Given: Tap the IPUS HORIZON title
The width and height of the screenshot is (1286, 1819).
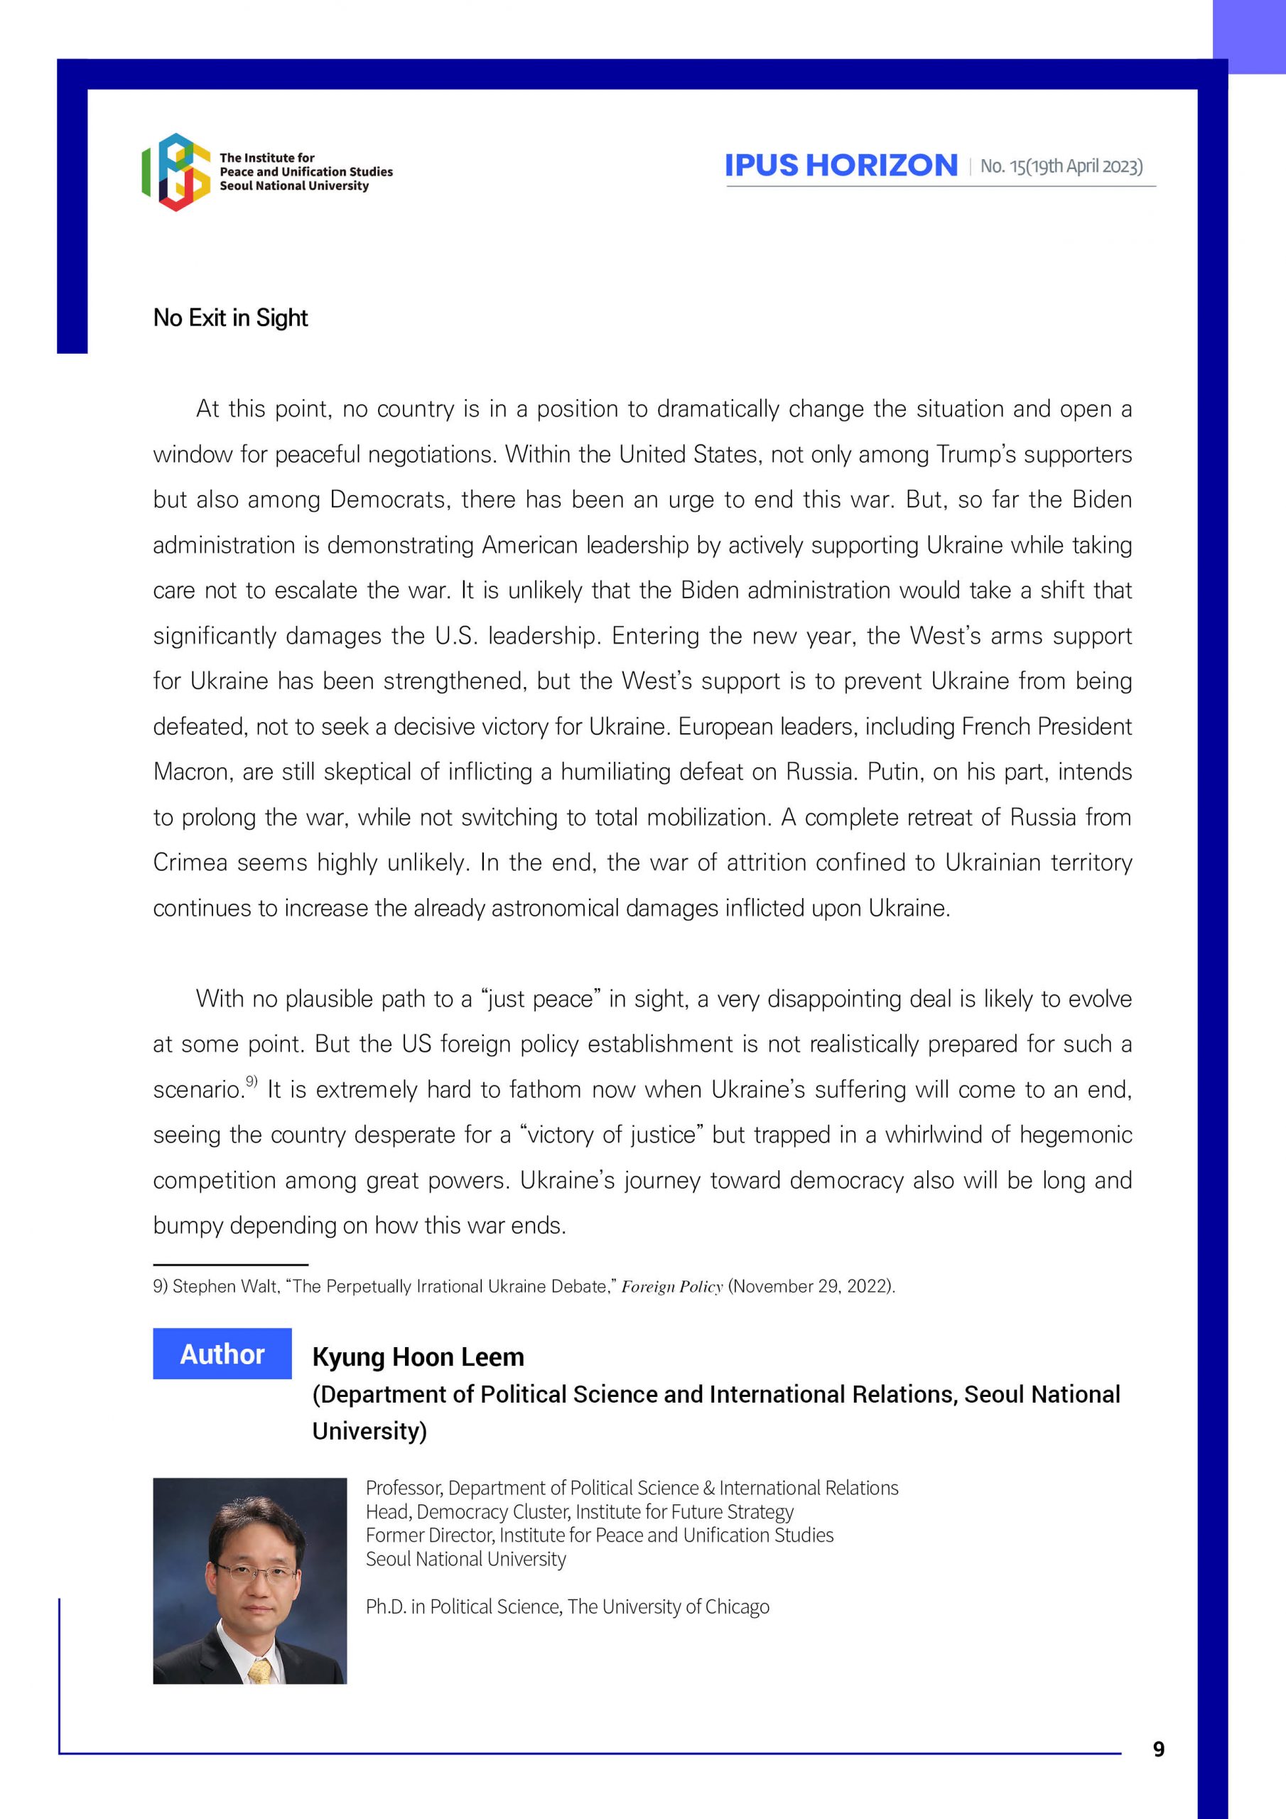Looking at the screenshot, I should click(841, 166).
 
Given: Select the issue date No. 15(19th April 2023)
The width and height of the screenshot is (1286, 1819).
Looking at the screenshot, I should click(1061, 166).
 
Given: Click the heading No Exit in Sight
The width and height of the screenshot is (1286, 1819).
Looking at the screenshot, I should click(231, 318).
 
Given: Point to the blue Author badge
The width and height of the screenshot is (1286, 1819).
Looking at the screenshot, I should click(222, 1354).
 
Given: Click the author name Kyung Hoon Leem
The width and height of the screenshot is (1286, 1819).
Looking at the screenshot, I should click(418, 1356).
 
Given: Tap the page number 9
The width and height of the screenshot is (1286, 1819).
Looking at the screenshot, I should click(1158, 1749).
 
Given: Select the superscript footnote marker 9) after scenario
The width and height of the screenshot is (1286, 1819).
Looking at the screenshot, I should click(252, 1081).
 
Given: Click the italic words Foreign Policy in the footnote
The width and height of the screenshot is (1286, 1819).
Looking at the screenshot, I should click(672, 1287).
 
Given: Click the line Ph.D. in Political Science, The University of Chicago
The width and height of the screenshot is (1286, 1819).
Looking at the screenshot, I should click(567, 1606).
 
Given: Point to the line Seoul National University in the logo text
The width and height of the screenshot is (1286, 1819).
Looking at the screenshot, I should click(294, 186).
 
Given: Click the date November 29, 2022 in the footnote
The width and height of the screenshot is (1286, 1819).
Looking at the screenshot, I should click(811, 1287).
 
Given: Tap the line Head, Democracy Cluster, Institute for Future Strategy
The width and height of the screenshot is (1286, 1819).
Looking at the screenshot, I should click(579, 1511).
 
